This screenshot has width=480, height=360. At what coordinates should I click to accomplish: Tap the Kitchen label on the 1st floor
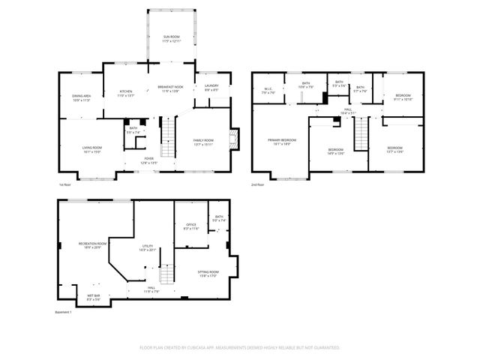pos(125,94)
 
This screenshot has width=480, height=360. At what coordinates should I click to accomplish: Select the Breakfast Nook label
pos(171,88)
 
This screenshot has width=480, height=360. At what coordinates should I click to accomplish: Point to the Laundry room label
pos(211,88)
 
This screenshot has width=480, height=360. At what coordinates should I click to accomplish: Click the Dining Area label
pos(81,97)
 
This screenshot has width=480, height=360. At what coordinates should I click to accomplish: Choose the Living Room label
pos(92,149)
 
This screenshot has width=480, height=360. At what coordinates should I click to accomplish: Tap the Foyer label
pos(150,160)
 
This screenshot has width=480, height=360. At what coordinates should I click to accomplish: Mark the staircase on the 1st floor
pos(169,136)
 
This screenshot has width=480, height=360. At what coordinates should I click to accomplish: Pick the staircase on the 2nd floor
pos(362,135)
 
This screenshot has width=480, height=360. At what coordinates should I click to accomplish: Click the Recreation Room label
pos(92,245)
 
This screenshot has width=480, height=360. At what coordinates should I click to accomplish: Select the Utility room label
pos(147,248)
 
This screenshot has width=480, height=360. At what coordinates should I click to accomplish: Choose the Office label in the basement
pos(191,226)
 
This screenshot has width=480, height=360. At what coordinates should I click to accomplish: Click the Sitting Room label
pos(208,274)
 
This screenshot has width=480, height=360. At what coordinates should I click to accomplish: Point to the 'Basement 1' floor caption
pos(63,312)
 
